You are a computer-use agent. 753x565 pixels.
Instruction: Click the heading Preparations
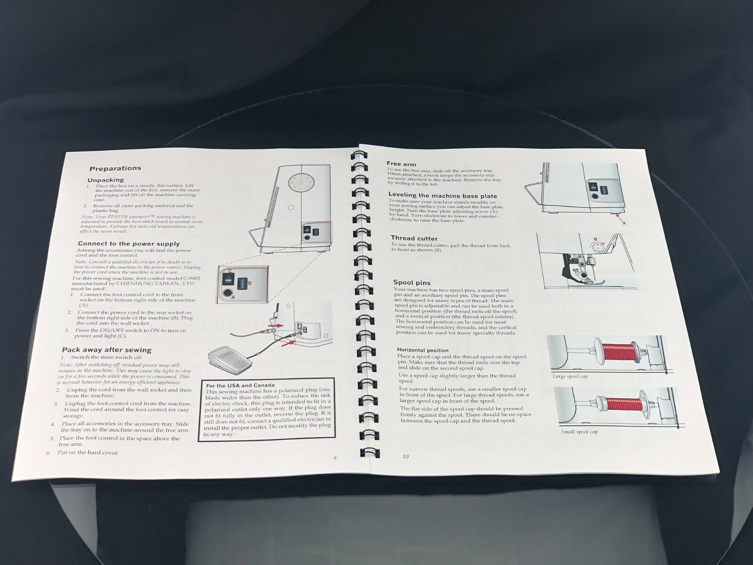pos(115,168)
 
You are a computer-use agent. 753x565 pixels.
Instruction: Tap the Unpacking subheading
pos(105,180)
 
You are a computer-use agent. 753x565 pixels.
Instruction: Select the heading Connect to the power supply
pos(128,243)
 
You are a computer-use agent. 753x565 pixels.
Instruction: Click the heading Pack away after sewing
pos(106,350)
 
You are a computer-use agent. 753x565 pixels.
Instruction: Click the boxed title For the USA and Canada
pos(240,385)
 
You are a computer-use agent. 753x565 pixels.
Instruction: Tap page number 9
pos(335,458)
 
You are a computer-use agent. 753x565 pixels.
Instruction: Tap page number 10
pos(406,456)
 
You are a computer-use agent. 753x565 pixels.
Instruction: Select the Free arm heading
pos(401,164)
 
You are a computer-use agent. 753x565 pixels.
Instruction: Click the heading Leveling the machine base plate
pos(442,195)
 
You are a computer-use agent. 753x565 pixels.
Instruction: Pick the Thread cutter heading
pos(414,238)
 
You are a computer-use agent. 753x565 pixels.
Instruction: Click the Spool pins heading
pos(411,282)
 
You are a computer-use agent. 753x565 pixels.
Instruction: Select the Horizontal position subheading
pos(423,350)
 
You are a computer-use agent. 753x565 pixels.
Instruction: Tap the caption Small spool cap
pos(579,432)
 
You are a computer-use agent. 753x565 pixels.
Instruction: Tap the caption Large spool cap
pos(570,376)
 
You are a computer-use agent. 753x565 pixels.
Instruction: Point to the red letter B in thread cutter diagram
pos(596,239)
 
